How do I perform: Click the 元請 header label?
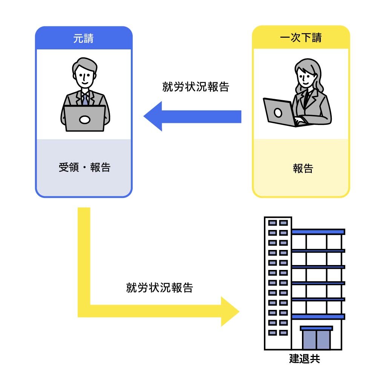83,38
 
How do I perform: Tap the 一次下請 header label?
301,38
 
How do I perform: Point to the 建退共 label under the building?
304,358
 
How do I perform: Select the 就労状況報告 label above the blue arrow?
196,87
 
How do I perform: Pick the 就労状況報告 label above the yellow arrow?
159,288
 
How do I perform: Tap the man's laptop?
84,118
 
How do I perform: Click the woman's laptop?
279,112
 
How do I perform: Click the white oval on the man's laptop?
84,120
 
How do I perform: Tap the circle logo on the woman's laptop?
278,112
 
